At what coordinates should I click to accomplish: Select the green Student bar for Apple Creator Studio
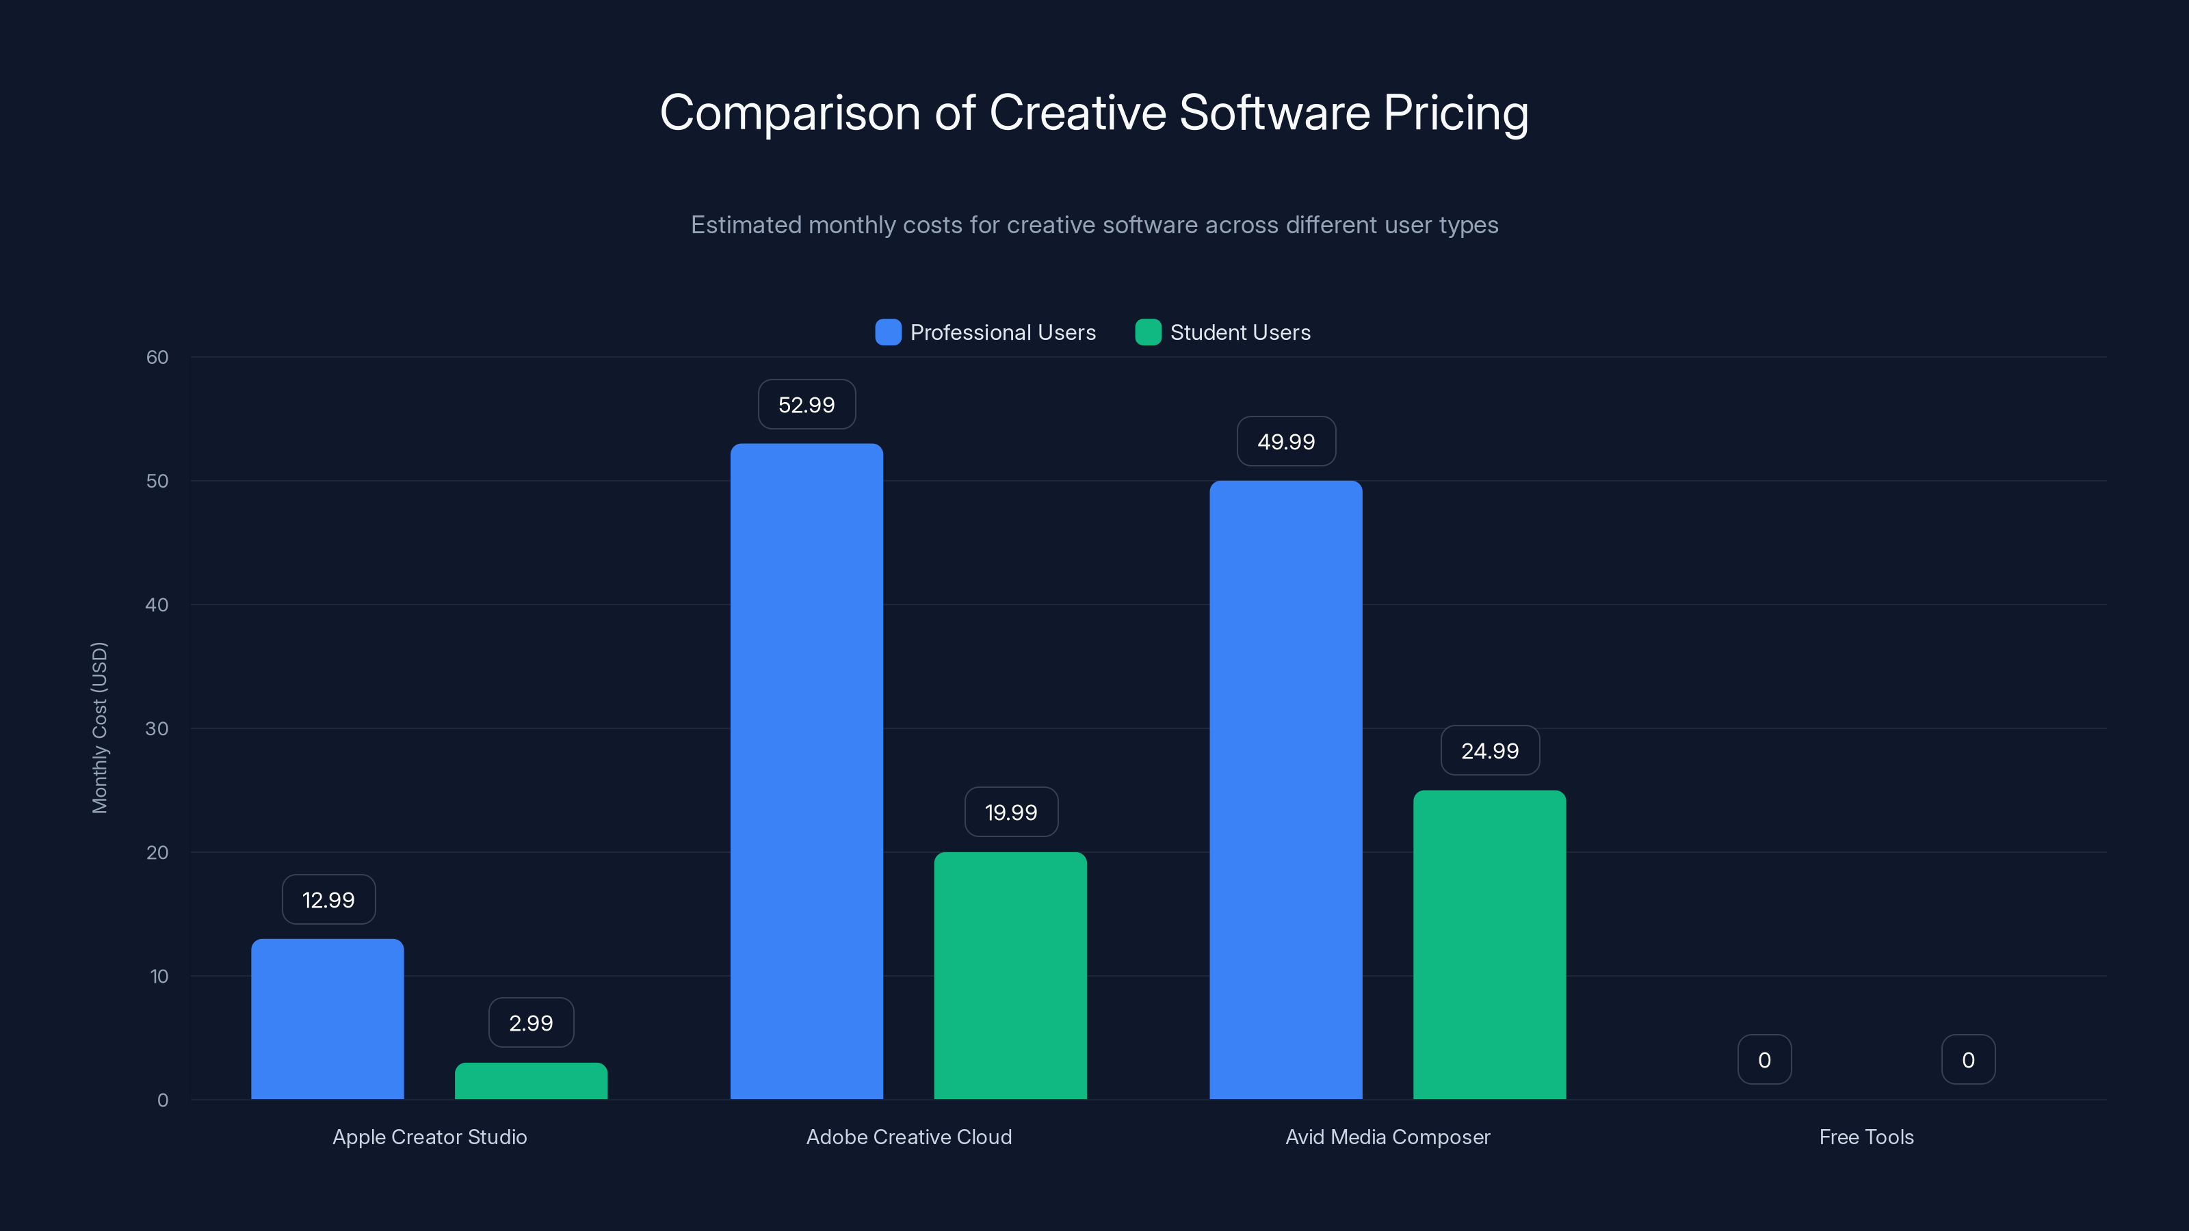pos(531,1081)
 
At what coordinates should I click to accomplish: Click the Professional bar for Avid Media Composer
pos(1286,789)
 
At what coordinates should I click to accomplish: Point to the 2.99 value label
pos(531,1023)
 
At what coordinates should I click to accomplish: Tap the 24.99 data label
pos(1490,751)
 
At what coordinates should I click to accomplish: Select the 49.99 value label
pos(1286,442)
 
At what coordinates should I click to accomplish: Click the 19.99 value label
pos(1010,812)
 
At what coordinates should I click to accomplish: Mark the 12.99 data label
pos(328,900)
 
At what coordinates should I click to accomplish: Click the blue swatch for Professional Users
pos(888,332)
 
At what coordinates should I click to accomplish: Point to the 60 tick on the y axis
pos(157,357)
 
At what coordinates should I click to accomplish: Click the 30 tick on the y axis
pos(157,728)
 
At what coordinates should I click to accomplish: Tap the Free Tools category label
pos(1866,1137)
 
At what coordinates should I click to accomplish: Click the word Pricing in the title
pos(1455,112)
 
